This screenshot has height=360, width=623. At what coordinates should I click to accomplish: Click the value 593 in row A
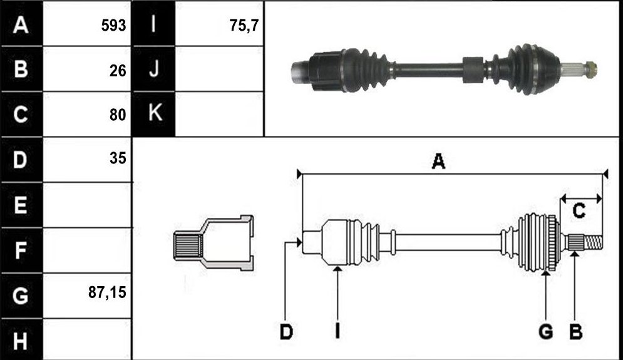click(x=113, y=26)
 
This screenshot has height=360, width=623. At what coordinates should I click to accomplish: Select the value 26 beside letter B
click(x=118, y=71)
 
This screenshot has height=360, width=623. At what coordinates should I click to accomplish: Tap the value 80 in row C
click(x=118, y=115)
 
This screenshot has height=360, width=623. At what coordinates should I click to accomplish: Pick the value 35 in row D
click(x=118, y=158)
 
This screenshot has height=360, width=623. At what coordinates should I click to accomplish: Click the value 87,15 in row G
click(x=107, y=293)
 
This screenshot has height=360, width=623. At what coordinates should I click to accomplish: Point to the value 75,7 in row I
click(x=244, y=26)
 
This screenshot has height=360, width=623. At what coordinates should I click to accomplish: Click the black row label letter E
click(x=20, y=205)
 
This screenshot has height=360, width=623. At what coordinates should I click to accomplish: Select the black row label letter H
click(x=20, y=341)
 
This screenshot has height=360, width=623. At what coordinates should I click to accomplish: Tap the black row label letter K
click(x=155, y=113)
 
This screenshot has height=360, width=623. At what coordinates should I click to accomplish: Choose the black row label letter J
click(x=154, y=68)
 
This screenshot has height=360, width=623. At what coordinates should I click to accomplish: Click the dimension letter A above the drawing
click(x=438, y=162)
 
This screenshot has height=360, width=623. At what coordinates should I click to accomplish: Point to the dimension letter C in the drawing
click(x=579, y=210)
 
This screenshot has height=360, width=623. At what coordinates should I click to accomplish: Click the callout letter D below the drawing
click(x=286, y=332)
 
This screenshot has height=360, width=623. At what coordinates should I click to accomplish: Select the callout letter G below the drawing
click(x=546, y=331)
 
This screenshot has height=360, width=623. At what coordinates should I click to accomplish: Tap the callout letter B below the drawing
click(x=575, y=331)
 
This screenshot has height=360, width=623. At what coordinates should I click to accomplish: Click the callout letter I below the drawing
click(x=337, y=331)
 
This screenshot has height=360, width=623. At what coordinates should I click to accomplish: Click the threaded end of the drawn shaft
click(x=593, y=243)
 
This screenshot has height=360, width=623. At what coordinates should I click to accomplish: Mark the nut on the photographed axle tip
click(x=591, y=69)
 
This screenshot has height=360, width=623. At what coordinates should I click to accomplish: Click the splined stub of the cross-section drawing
click(x=188, y=246)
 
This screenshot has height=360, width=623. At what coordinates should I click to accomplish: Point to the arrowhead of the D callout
click(x=299, y=242)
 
